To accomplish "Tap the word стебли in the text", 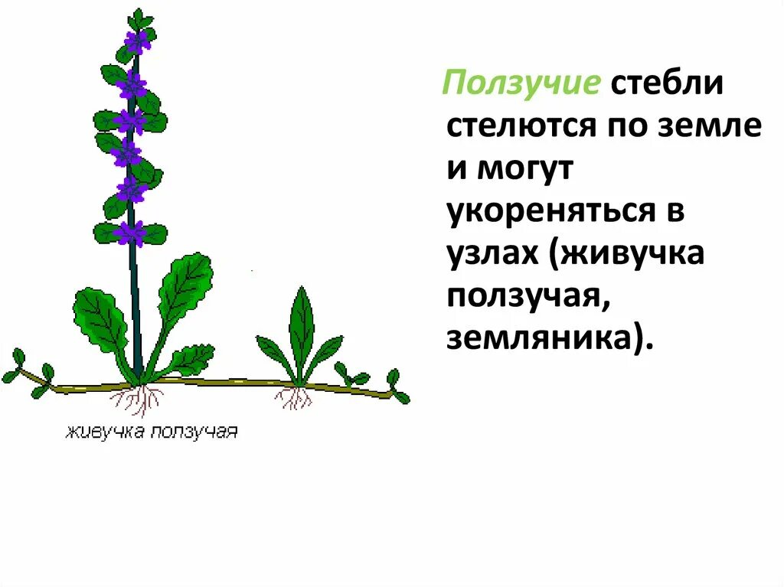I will click(x=666, y=83).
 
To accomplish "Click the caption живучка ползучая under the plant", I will click(x=151, y=432).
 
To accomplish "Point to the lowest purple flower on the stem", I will click(x=129, y=231).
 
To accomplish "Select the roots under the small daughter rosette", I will click(x=294, y=396).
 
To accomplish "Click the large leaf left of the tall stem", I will click(x=100, y=320).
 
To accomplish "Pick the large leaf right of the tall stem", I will click(x=185, y=287).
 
